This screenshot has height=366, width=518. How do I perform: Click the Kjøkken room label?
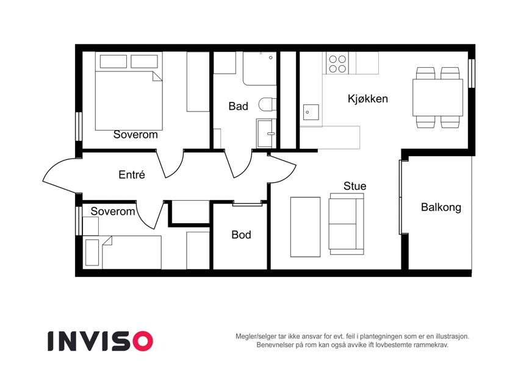coord(368,98)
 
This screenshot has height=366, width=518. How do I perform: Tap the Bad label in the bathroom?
coord(238,106)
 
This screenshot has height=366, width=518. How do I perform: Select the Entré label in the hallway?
coord(132,174)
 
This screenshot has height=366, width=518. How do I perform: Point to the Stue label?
coord(355,185)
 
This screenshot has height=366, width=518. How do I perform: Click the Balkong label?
coord(441,207)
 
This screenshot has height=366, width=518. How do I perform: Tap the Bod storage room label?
coord(241,234)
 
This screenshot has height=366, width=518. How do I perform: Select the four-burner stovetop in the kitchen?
coord(337,64)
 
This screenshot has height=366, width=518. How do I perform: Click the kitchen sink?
coord(311,112)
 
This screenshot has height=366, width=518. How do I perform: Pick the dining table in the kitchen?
coord(437,98)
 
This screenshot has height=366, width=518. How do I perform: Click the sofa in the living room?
coord(346,224)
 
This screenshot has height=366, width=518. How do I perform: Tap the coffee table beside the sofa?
coord(305,227)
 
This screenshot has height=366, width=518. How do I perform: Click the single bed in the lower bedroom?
coord(122,253)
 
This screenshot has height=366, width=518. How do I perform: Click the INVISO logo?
coord(101,341)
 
